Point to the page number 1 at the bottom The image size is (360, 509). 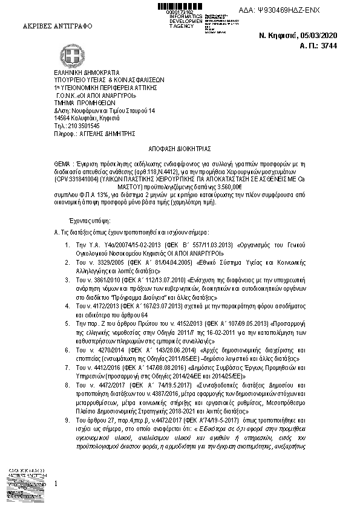pyautogui.click(x=56, y=484)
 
